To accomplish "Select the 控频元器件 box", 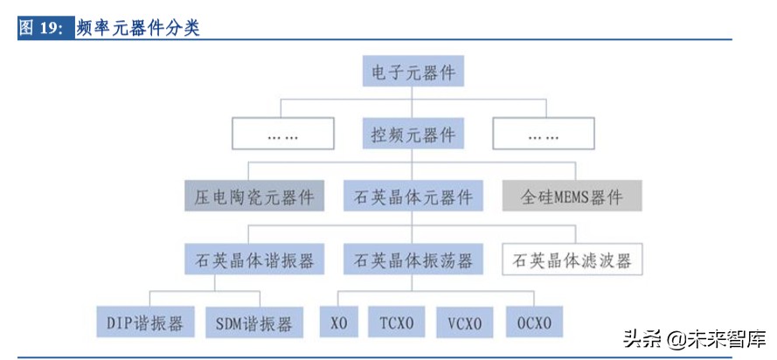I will [x=413, y=135].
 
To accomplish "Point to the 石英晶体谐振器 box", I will [x=253, y=260].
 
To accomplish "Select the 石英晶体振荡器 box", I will [x=413, y=260].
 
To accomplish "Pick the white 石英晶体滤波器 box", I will [x=572, y=260].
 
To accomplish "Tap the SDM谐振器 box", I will [x=253, y=322].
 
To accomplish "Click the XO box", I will [x=338, y=322].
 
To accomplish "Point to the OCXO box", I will [x=532, y=322].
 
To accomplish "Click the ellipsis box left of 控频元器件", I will [x=281, y=135].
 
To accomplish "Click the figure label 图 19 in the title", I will [x=40, y=28].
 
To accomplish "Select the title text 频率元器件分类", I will [x=138, y=28].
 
